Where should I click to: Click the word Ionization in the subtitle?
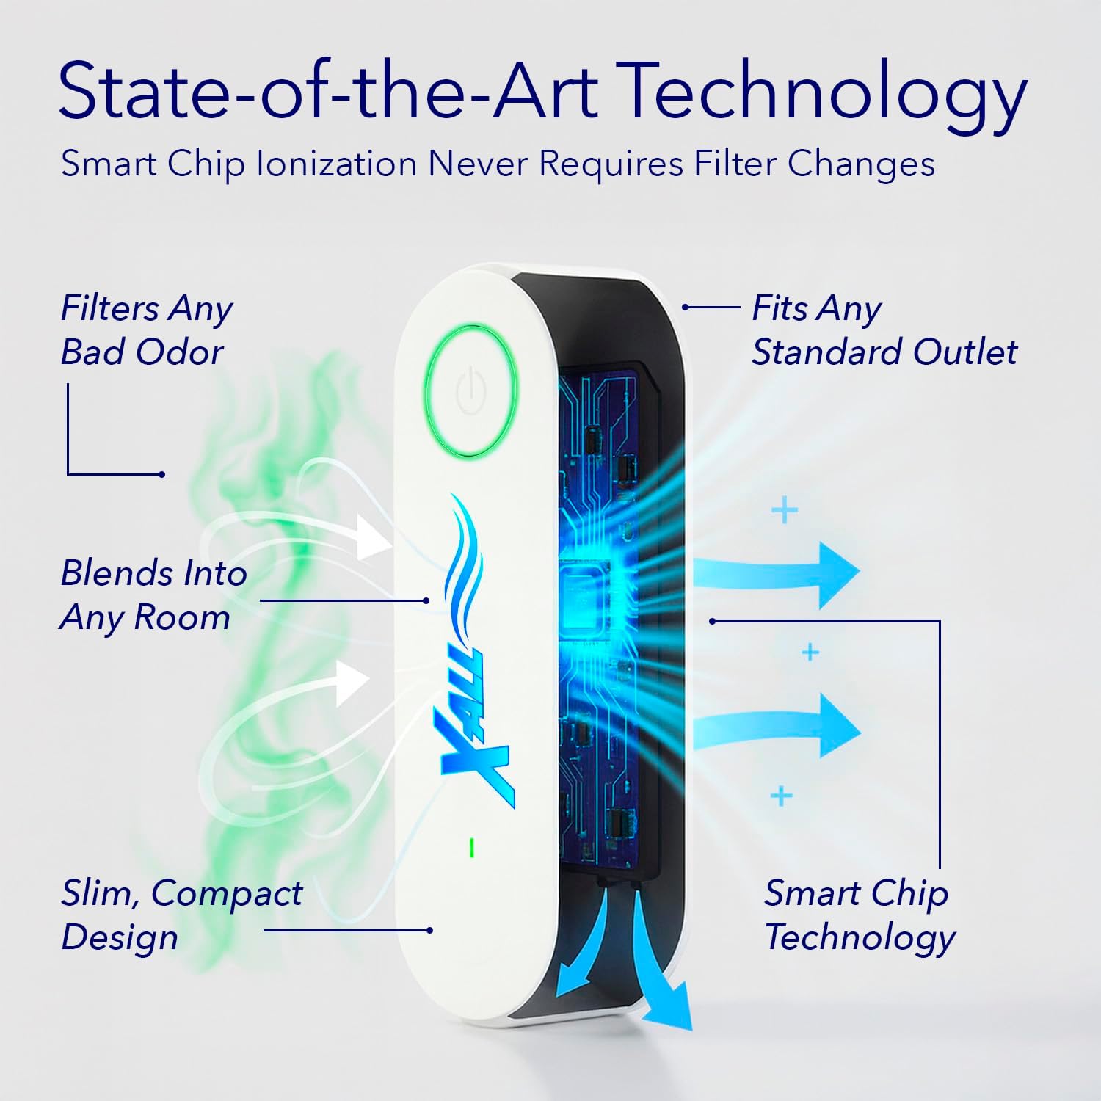tap(337, 164)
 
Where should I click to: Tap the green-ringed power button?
tap(471, 389)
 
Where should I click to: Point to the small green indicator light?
tap(471, 848)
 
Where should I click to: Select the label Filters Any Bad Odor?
tap(146, 330)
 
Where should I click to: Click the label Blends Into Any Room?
tap(153, 595)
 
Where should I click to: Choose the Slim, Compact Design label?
tap(181, 915)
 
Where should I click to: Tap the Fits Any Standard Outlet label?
tap(884, 330)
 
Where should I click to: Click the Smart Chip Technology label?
tap(860, 915)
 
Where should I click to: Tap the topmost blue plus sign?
tap(785, 509)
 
